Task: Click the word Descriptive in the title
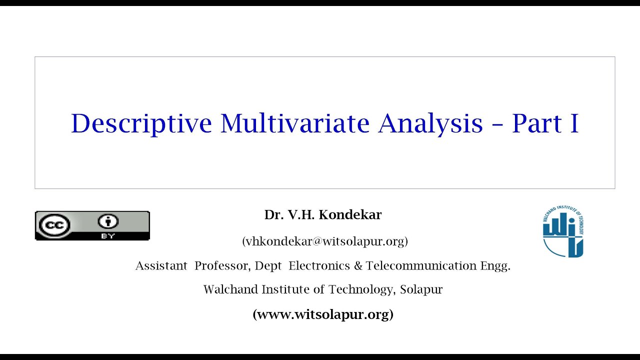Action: click(141, 123)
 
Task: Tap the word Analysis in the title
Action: click(430, 123)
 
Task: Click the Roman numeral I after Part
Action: click(573, 123)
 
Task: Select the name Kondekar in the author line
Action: click(350, 215)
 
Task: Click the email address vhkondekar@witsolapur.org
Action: click(325, 241)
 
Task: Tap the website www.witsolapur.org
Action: click(323, 314)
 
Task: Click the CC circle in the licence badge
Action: click(54, 225)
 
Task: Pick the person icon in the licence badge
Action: click(108, 221)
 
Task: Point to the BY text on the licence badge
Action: click(108, 236)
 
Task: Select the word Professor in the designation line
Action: click(222, 265)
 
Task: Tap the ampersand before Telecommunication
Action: click(358, 265)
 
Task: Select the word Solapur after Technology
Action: click(421, 289)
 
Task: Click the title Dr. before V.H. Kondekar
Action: click(273, 215)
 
